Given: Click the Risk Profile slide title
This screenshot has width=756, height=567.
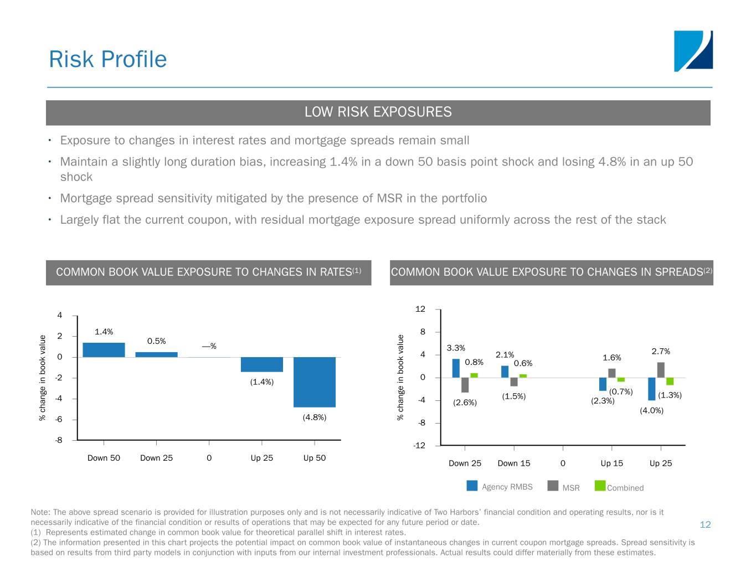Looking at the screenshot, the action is [108, 59].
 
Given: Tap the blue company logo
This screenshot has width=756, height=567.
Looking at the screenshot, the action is [693, 51].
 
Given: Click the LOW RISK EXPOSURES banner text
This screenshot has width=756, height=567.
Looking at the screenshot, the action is [378, 112].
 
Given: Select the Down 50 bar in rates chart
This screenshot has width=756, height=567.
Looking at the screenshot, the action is [104, 350].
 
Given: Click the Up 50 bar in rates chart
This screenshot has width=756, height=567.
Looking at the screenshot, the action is [315, 382].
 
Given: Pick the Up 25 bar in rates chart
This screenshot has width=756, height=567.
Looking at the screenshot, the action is [262, 364].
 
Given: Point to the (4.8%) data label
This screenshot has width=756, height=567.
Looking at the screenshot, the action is [315, 417].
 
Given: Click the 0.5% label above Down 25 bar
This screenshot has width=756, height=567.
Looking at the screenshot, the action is [156, 341].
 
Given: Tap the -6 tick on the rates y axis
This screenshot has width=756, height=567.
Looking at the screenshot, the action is [59, 419].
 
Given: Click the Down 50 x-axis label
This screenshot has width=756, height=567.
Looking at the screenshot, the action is [104, 458].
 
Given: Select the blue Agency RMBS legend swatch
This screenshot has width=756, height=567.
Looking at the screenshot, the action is [472, 486].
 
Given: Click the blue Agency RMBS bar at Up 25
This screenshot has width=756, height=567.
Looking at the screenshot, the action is [652, 389].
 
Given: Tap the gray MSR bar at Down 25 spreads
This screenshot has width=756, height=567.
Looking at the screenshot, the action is [465, 385].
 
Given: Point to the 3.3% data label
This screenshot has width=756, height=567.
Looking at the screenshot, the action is [456, 348].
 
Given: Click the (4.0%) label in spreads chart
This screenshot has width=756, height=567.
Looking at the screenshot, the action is [652, 410].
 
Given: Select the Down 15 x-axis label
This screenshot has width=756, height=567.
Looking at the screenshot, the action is [514, 463].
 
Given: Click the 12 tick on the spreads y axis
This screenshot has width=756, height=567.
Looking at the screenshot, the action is [420, 309].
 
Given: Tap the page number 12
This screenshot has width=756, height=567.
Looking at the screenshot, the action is [706, 524].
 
